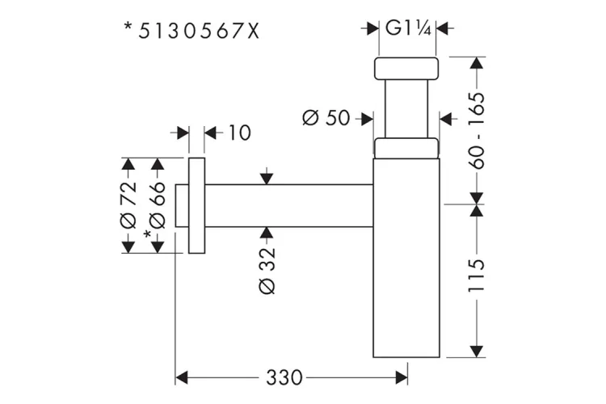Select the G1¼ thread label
click(x=407, y=28)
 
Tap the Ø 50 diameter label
click(x=326, y=118)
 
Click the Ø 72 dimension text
click(x=126, y=206)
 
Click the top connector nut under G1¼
click(x=407, y=69)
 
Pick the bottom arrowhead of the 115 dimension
click(x=476, y=350)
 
